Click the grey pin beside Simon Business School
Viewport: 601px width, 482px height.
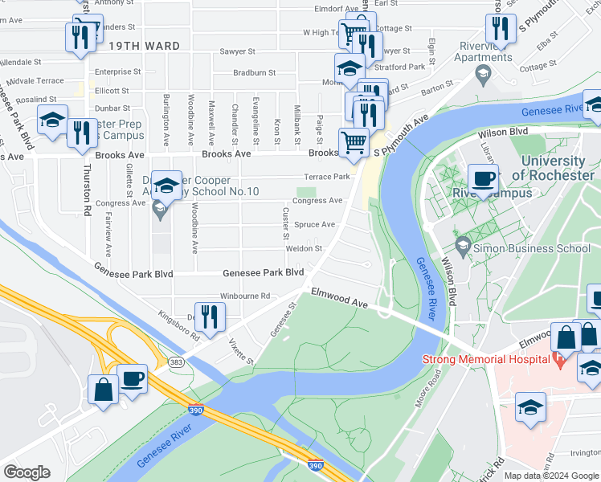462,243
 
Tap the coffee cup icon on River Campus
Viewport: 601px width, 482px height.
483,179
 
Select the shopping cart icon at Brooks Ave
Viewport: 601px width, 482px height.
354,144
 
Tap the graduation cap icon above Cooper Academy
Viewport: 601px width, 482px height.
166,186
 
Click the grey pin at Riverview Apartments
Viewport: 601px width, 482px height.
483,76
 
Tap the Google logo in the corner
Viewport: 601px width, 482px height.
27,472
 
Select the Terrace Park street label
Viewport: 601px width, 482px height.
326,177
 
